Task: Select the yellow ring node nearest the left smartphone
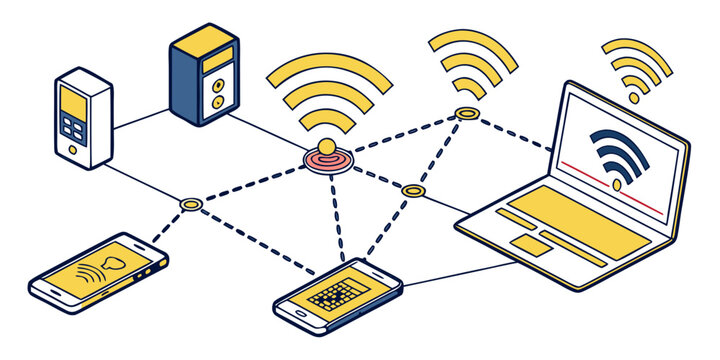(191, 205)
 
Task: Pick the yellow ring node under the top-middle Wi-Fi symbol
(466, 114)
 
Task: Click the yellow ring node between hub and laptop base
(413, 189)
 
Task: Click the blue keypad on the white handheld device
(74, 128)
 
